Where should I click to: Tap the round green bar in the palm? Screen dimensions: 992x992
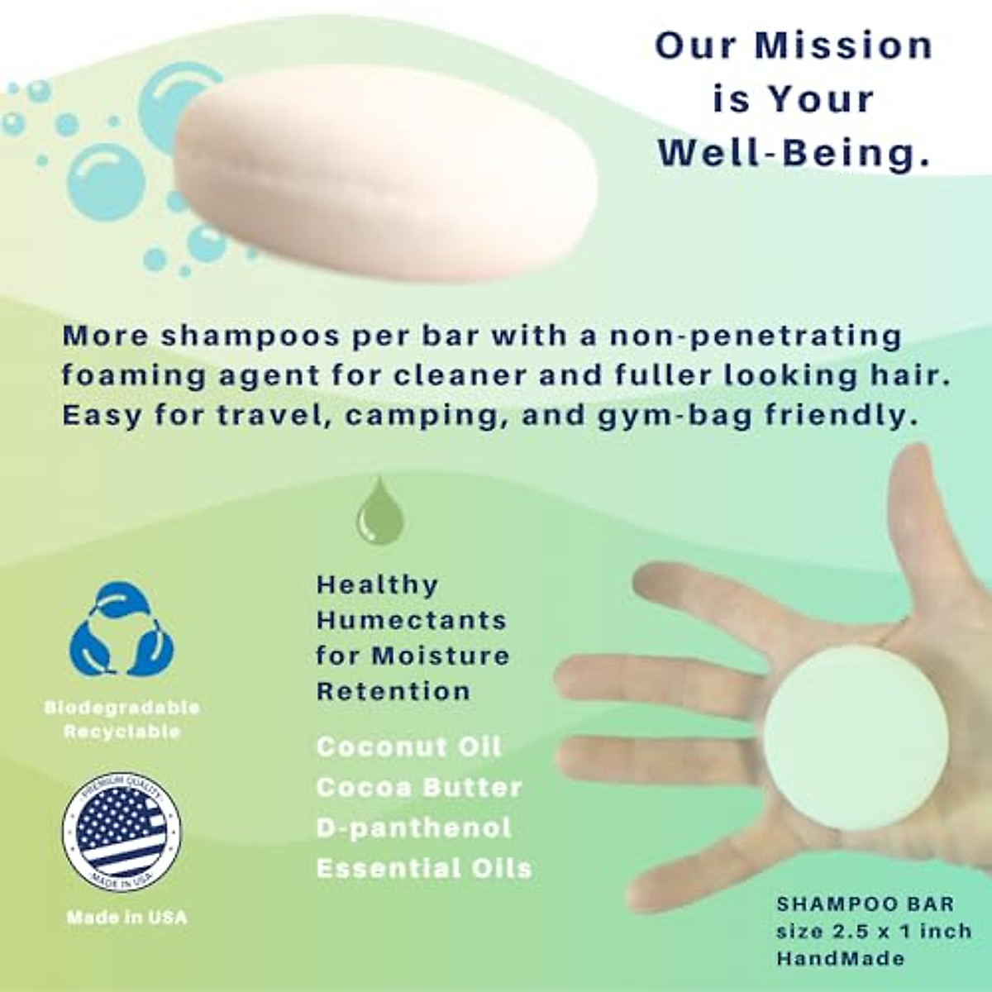[x=844, y=737]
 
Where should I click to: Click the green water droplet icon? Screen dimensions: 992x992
[x=379, y=512]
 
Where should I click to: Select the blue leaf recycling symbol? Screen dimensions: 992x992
[x=122, y=631]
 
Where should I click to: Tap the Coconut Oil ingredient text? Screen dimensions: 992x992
[x=408, y=746]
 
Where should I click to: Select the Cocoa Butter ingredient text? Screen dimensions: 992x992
[x=419, y=787]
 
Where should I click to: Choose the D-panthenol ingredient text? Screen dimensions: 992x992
[x=414, y=827]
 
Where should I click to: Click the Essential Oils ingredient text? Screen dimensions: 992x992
[x=424, y=868]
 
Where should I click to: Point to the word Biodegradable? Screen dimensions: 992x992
[x=122, y=708]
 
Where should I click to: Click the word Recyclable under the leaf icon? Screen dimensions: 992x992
[x=122, y=732]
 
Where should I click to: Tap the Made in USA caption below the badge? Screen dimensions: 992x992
[x=127, y=917]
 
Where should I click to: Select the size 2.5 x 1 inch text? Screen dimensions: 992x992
[x=874, y=932]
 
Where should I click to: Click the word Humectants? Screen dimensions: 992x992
[x=412, y=620]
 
